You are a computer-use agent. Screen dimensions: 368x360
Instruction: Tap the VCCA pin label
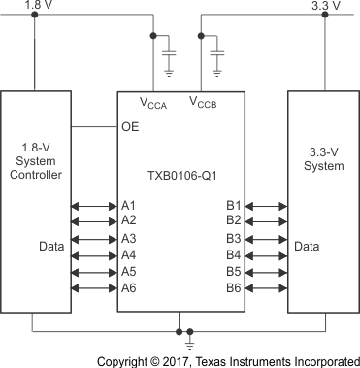156,102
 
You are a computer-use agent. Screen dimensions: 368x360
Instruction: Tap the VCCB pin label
204,101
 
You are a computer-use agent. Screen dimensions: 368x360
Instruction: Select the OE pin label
131,126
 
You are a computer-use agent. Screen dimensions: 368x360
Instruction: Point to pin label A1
129,205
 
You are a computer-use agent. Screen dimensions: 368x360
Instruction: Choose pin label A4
129,255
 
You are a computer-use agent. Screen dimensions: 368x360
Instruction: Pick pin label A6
129,288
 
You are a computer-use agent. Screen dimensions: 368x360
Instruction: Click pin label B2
233,221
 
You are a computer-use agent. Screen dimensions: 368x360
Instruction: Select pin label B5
233,272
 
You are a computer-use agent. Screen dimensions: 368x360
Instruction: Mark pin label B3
233,239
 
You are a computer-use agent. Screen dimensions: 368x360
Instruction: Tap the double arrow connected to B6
265,288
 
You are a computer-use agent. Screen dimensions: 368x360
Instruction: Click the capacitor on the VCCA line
169,48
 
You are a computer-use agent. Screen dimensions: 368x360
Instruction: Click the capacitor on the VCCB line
216,48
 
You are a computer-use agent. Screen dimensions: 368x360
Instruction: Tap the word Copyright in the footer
130,358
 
